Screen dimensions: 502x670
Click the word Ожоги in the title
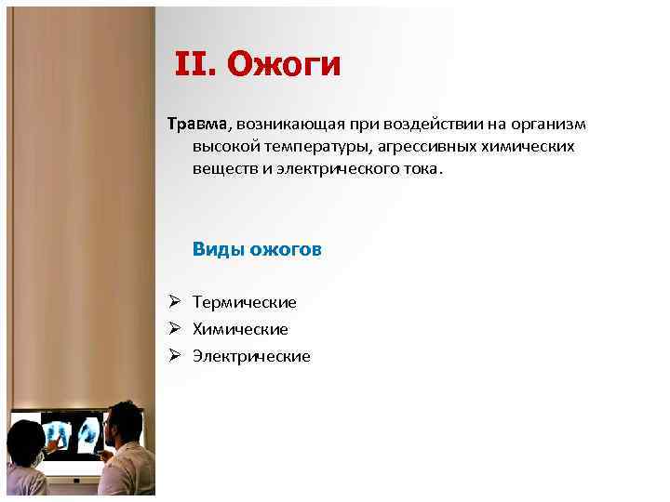(x=284, y=65)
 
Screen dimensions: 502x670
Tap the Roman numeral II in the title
(x=195, y=65)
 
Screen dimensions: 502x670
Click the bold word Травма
(x=198, y=125)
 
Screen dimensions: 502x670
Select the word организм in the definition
(x=549, y=125)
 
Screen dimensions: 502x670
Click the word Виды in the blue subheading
(x=216, y=249)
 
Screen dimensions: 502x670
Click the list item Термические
(x=245, y=302)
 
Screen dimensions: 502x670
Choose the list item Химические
(x=240, y=329)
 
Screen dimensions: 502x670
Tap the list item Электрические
(x=251, y=356)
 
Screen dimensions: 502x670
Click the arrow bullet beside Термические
(x=174, y=302)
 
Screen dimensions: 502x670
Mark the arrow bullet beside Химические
(x=174, y=329)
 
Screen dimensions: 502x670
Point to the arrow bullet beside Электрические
(x=174, y=356)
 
